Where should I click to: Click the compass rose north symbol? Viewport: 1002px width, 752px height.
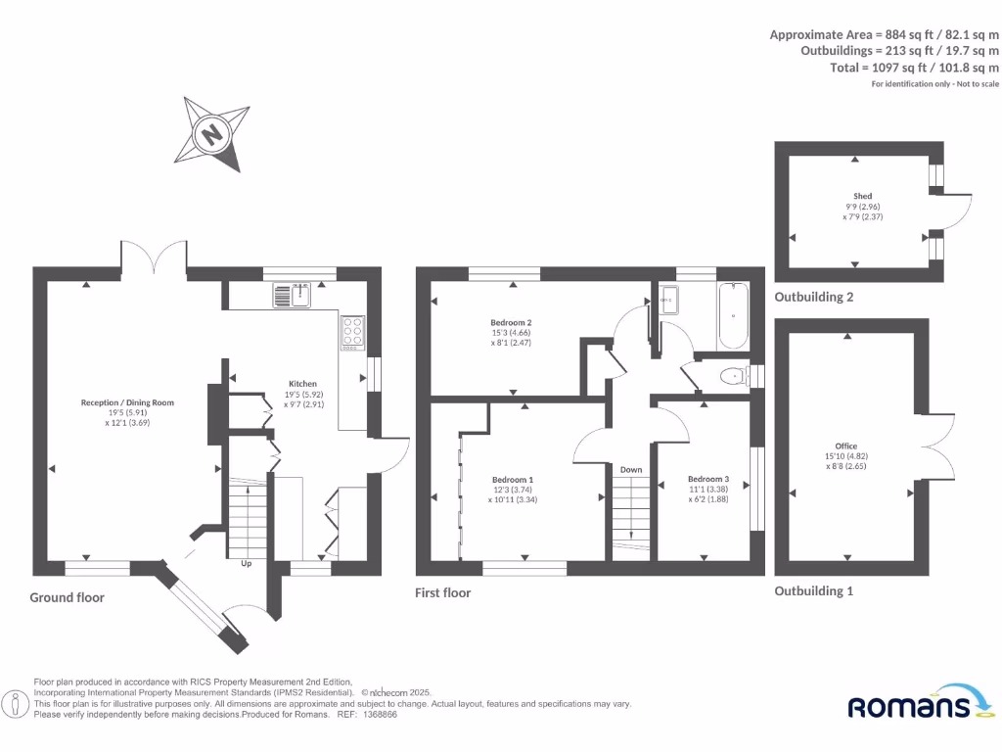point(210,133)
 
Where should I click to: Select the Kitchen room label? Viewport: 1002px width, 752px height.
point(302,383)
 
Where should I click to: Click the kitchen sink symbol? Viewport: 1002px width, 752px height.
point(291,294)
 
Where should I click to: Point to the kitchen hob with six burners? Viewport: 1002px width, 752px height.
point(352,333)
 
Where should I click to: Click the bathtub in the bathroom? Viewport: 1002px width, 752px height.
point(733,316)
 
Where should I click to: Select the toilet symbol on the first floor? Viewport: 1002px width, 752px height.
point(730,375)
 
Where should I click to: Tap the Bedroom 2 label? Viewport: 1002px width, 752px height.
point(511,322)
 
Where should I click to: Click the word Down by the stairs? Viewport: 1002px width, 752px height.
point(631,470)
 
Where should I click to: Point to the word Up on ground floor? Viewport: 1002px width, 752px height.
point(248,564)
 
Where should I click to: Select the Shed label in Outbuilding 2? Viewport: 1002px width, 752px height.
point(862,196)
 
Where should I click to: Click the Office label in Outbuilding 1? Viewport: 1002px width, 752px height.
point(846,446)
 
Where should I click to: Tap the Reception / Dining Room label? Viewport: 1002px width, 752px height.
point(127,402)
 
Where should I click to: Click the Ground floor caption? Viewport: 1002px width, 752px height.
point(67,597)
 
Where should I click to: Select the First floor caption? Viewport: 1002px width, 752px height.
point(443,592)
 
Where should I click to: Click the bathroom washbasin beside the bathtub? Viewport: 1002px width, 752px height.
point(670,301)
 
